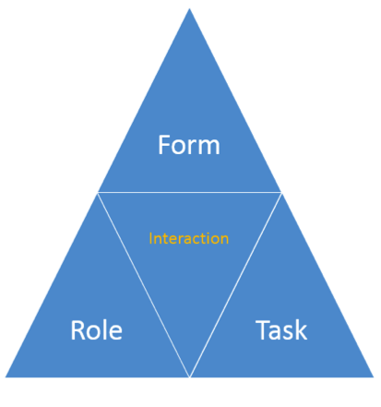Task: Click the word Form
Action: coord(189,145)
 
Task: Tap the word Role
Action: coord(97,329)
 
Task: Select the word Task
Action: coord(281,329)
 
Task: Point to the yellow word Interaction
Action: coord(189,238)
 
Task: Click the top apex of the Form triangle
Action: coord(189,8)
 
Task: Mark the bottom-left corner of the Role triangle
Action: coord(6,377)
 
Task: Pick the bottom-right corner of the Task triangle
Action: coord(374,377)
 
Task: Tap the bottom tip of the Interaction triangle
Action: coord(189,377)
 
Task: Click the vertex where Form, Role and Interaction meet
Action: coord(98,192)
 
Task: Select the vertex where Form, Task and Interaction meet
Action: coord(281,192)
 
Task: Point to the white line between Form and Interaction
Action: coord(189,192)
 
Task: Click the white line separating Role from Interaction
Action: coord(144,284)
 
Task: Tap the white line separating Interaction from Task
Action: coord(235,284)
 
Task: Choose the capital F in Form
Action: coord(164,145)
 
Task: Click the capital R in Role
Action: coord(77,329)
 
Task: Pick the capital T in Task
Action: coord(263,329)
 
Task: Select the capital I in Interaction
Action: coord(150,238)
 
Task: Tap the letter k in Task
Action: coord(301,329)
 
